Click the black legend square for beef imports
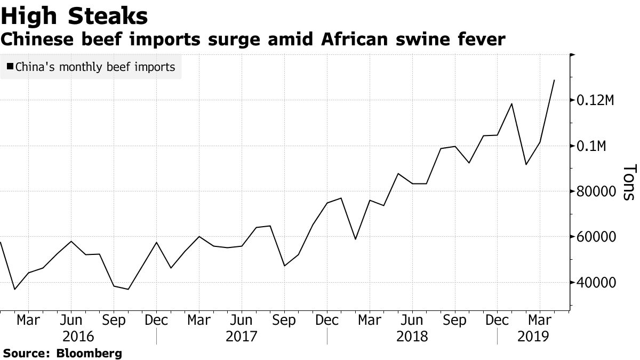[x=10, y=67]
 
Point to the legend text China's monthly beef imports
[x=95, y=67]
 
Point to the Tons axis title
[x=628, y=182]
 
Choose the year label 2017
[x=241, y=337]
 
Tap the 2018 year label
[x=412, y=337]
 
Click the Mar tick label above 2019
[x=540, y=321]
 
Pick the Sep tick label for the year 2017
[x=284, y=321]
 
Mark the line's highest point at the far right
[x=555, y=80]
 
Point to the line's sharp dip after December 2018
[x=526, y=164]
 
